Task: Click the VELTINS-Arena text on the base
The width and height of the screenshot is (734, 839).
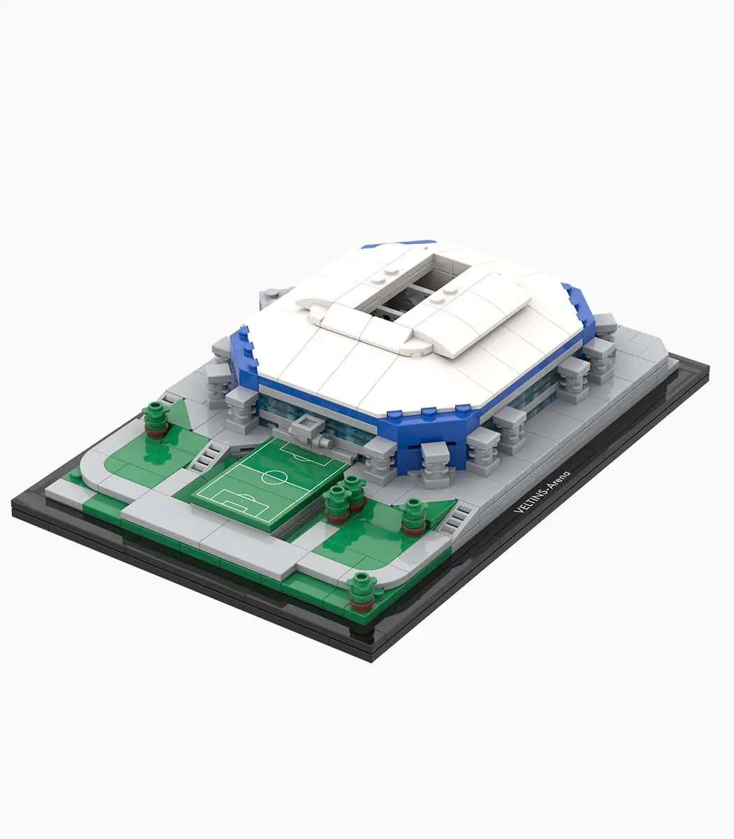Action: pyautogui.click(x=542, y=492)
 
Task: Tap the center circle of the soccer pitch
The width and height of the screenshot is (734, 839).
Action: pyautogui.click(x=273, y=477)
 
